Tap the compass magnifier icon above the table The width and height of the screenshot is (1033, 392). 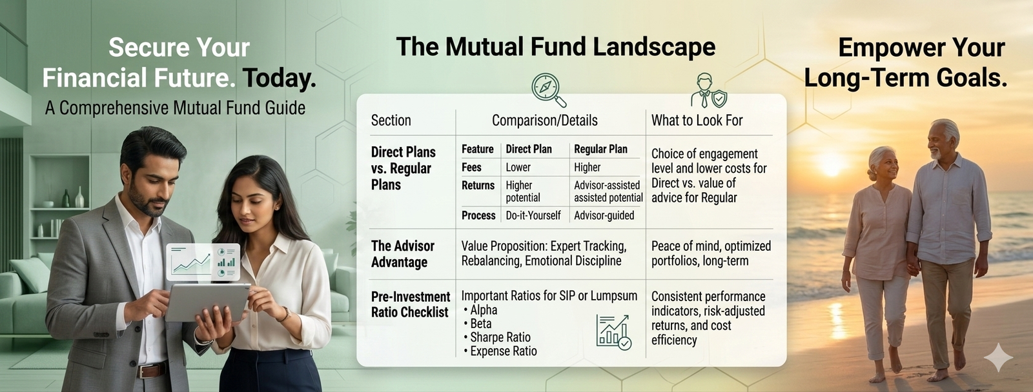548,90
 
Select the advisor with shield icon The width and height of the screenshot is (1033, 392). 708,90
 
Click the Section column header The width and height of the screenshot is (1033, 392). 391,121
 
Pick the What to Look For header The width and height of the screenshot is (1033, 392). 697,121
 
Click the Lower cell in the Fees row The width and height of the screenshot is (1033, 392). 518,167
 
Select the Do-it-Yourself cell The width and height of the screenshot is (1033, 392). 533,215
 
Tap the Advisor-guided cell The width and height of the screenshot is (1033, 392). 604,215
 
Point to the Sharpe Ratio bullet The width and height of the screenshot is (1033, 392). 497,337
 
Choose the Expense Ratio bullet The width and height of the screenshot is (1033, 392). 500,351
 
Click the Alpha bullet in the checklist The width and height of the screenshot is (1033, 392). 480,310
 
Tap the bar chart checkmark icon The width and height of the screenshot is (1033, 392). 614,332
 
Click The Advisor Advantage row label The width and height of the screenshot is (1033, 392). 403,254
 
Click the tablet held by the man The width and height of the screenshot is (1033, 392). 207,302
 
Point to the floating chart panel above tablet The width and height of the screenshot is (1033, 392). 203,262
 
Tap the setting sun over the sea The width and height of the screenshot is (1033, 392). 832,164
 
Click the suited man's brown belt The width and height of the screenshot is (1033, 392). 152,370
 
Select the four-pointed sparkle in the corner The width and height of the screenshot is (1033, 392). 998,357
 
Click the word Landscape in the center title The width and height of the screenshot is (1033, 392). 654,47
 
